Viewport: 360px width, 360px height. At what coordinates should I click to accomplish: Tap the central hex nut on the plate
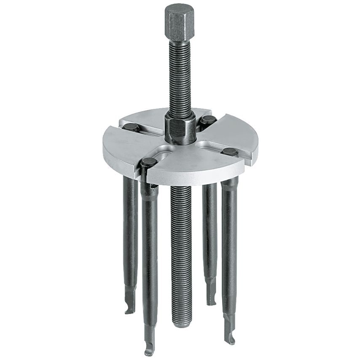coord(180,129)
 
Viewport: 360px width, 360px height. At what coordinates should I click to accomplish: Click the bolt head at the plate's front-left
coord(149,162)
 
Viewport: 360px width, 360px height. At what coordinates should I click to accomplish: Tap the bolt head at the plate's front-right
coord(230,152)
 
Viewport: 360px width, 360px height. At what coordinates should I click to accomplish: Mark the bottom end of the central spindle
coord(182,322)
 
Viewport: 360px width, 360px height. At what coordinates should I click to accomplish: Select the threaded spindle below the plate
coord(182,253)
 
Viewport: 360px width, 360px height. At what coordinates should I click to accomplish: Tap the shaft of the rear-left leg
coord(130,236)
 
